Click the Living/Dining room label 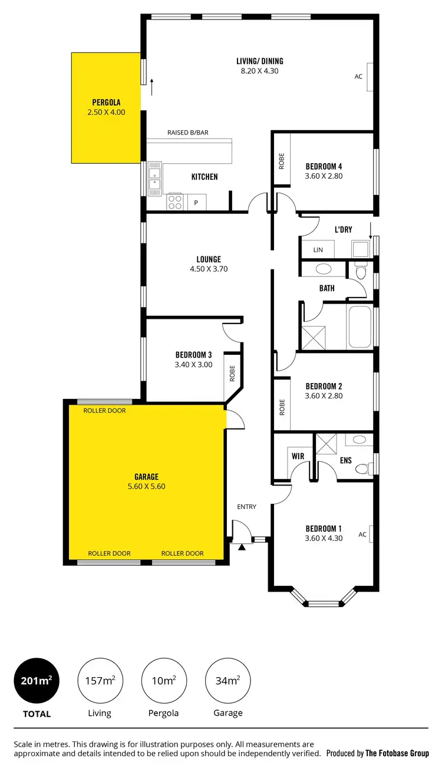click(x=260, y=61)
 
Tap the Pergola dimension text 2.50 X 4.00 click(x=106, y=112)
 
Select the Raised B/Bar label click(x=188, y=133)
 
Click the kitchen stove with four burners click(x=175, y=202)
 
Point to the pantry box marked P click(x=196, y=203)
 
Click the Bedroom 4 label click(x=324, y=166)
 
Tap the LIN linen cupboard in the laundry click(x=318, y=250)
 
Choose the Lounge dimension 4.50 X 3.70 click(x=209, y=269)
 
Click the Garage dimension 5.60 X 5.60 click(x=146, y=487)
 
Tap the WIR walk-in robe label click(x=298, y=456)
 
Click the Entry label click(x=246, y=507)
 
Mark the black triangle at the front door click(x=242, y=547)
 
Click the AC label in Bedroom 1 click(x=362, y=535)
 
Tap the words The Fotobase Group click(x=397, y=753)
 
